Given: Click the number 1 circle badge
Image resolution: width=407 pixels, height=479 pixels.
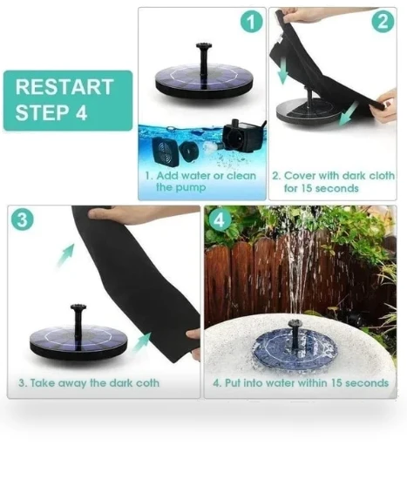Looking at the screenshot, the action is [251, 21].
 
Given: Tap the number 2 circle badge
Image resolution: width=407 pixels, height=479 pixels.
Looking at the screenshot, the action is [383, 21].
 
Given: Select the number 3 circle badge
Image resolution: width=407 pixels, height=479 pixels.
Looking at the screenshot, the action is [22, 219].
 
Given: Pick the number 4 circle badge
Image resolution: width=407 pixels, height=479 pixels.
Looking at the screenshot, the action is [220, 219].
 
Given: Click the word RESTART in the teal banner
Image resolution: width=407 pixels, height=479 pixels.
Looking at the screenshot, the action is [64, 87].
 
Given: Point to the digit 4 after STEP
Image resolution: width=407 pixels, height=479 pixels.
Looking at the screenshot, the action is [81, 112].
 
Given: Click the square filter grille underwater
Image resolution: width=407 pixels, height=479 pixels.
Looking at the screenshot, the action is [166, 152].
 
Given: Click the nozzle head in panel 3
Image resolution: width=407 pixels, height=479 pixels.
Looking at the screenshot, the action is [78, 307].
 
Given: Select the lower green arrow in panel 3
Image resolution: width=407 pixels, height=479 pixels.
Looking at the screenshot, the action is [143, 341].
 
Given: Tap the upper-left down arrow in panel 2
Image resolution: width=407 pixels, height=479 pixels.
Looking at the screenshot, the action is [283, 71].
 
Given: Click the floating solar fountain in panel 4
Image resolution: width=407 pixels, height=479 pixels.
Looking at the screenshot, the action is [295, 348].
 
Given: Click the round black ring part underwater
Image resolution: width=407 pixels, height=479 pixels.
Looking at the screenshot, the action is [188, 151].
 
